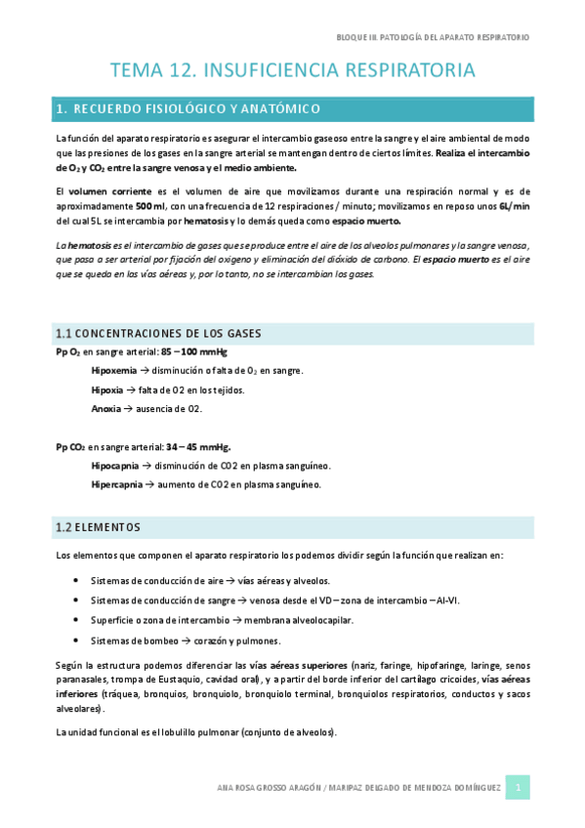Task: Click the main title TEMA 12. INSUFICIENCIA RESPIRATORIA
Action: coord(293,70)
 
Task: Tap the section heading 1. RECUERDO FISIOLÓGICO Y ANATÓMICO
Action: coord(193,108)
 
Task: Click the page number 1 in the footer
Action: coord(518,788)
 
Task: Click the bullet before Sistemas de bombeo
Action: coord(77,641)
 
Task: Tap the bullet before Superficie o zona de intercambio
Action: coord(77,620)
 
